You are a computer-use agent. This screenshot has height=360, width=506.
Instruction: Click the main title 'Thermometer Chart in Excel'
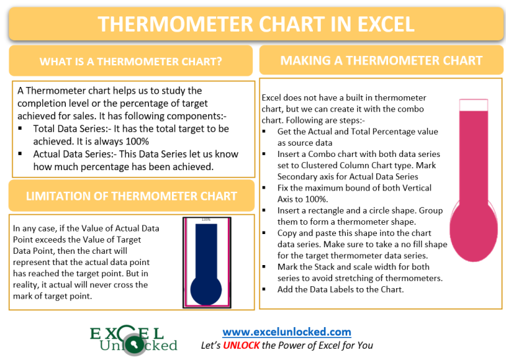[x=256, y=24]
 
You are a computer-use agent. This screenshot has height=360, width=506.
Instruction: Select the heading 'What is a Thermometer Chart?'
[x=130, y=62]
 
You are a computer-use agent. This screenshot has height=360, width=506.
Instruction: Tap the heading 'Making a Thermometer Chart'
[x=381, y=61]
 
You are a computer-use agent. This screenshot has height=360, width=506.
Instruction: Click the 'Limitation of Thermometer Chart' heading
[x=130, y=196]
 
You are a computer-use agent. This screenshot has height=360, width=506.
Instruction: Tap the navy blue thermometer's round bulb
[x=206, y=289]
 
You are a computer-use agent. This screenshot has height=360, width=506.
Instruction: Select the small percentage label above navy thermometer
[x=206, y=220]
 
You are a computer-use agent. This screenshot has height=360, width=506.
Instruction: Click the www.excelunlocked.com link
[x=287, y=332]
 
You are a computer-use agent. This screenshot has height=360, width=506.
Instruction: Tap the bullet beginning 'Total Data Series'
[x=130, y=129]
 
